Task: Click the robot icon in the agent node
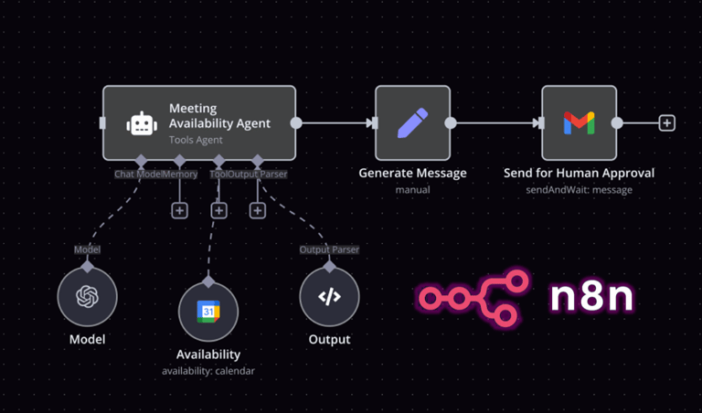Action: click(x=140, y=123)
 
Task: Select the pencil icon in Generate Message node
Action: click(x=412, y=123)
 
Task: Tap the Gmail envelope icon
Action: click(x=579, y=123)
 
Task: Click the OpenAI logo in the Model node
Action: click(x=87, y=297)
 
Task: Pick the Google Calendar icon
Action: click(x=208, y=312)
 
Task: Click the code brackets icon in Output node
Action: click(x=329, y=297)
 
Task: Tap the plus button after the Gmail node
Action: click(x=667, y=122)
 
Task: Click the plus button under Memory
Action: click(x=179, y=211)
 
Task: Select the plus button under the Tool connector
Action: click(x=218, y=211)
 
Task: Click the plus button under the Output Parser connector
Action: click(x=258, y=211)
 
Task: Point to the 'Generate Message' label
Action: click(x=412, y=173)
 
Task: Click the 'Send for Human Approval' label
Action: click(x=579, y=173)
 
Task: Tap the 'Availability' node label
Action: click(x=208, y=355)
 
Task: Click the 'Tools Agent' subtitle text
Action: click(x=196, y=141)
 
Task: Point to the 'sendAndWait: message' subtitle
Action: click(x=579, y=190)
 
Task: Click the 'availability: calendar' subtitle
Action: click(x=208, y=371)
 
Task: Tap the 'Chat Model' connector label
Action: click(x=138, y=174)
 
